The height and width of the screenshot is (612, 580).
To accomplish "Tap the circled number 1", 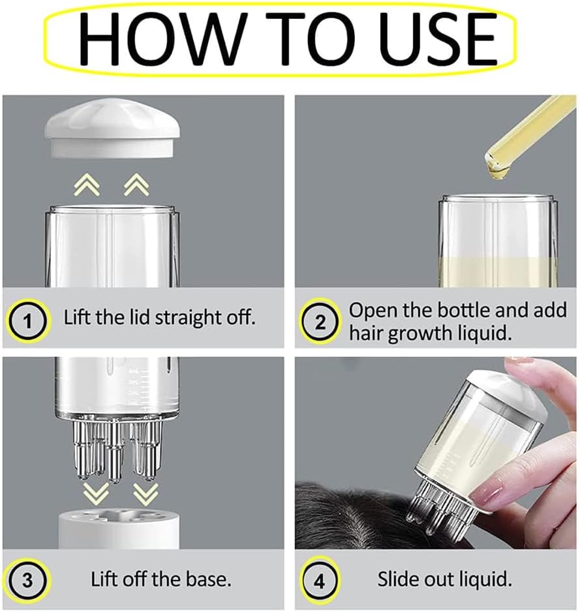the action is pos(27,322).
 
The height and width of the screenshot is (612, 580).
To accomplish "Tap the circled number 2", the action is pos(320,322).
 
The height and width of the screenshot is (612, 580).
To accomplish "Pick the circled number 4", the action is pos(320,581).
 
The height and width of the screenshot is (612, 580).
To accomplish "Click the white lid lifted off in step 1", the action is pos(112,128).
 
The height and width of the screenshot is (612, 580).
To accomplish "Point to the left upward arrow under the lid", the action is pos(87,185).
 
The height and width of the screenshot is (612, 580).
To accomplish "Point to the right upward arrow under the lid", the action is pos(136,185).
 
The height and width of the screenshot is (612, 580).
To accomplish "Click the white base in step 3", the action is pos(119,529).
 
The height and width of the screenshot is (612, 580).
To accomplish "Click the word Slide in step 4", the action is pos(398,579).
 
